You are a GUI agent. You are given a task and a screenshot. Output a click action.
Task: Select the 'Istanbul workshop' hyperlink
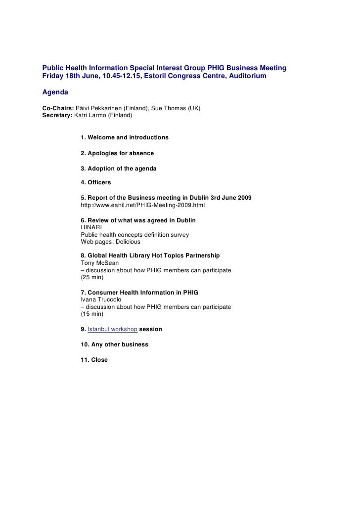112,329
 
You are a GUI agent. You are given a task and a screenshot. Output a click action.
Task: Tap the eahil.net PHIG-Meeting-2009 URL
142,205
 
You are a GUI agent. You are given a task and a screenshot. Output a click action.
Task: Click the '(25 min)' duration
92,277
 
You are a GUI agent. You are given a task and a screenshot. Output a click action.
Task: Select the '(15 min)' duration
92,314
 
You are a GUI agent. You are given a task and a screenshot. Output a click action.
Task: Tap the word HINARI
91,227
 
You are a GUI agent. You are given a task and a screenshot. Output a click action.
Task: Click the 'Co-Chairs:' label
58,108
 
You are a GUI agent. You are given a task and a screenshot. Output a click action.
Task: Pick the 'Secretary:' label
57,115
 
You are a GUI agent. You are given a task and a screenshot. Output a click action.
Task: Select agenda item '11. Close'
94,360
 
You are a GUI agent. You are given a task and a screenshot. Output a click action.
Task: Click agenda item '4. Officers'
95,182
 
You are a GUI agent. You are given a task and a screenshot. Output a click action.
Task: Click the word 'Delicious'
128,242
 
